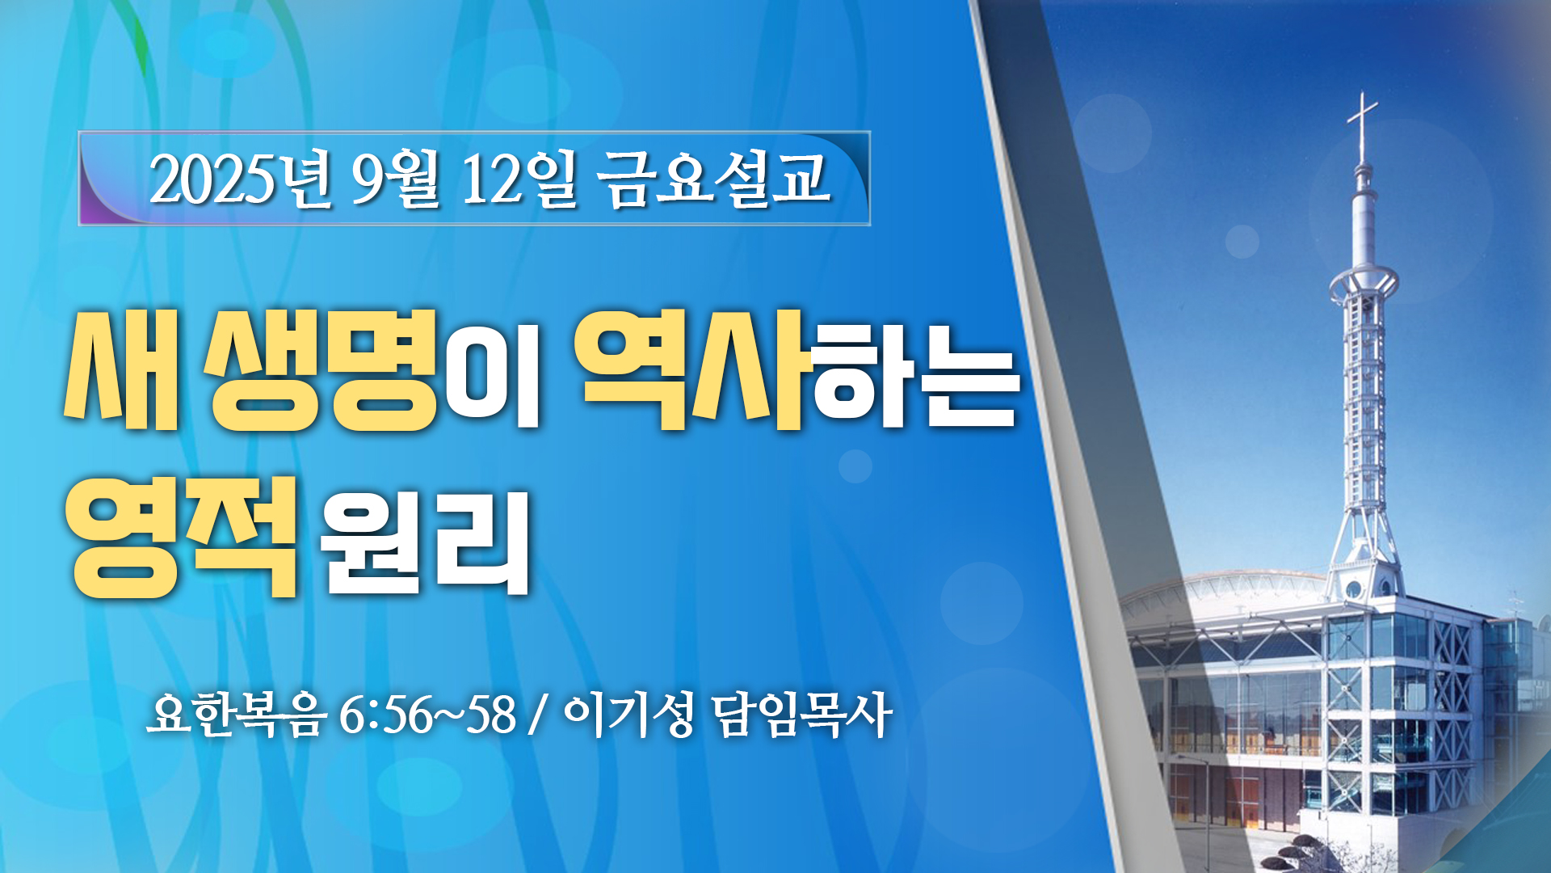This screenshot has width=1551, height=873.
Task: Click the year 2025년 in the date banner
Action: tap(240, 179)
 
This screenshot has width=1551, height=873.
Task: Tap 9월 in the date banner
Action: tap(395, 179)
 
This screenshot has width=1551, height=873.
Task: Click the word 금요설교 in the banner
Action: tap(714, 179)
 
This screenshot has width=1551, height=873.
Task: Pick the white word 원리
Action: tap(424, 542)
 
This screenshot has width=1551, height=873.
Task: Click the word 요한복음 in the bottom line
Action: tap(237, 714)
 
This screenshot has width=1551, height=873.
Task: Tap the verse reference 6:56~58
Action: tap(427, 715)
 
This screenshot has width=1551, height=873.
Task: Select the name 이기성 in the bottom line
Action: tap(628, 715)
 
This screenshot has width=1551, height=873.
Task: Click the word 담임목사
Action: tap(802, 715)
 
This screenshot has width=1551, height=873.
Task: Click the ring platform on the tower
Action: tap(1364, 283)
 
